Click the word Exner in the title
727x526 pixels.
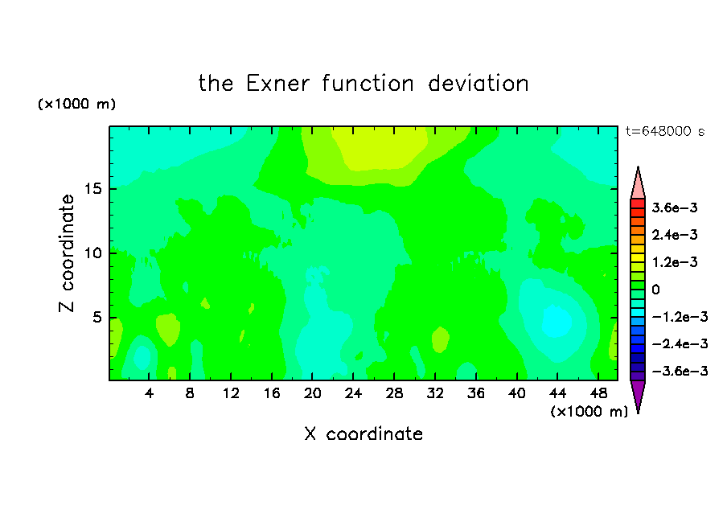[277, 84]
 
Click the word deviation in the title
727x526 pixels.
[479, 84]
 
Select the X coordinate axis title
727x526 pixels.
[363, 434]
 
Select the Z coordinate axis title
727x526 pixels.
[67, 253]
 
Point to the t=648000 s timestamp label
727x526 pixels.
[665, 131]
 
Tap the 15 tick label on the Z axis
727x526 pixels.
[93, 189]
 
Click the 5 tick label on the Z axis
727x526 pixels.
[97, 317]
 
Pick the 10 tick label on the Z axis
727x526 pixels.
[93, 253]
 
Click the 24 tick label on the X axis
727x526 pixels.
[353, 393]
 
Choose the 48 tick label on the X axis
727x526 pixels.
[598, 393]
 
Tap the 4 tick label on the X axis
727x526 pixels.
[149, 393]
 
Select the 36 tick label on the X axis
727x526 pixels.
[476, 393]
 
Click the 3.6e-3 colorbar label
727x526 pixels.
[675, 208]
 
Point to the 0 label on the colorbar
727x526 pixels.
[655, 290]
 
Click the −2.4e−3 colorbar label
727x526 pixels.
[680, 343]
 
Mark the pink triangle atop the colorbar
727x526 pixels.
[638, 183]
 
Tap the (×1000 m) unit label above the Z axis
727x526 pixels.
[76, 104]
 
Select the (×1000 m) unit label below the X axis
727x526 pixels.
[589, 412]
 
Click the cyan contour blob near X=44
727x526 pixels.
[557, 320]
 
